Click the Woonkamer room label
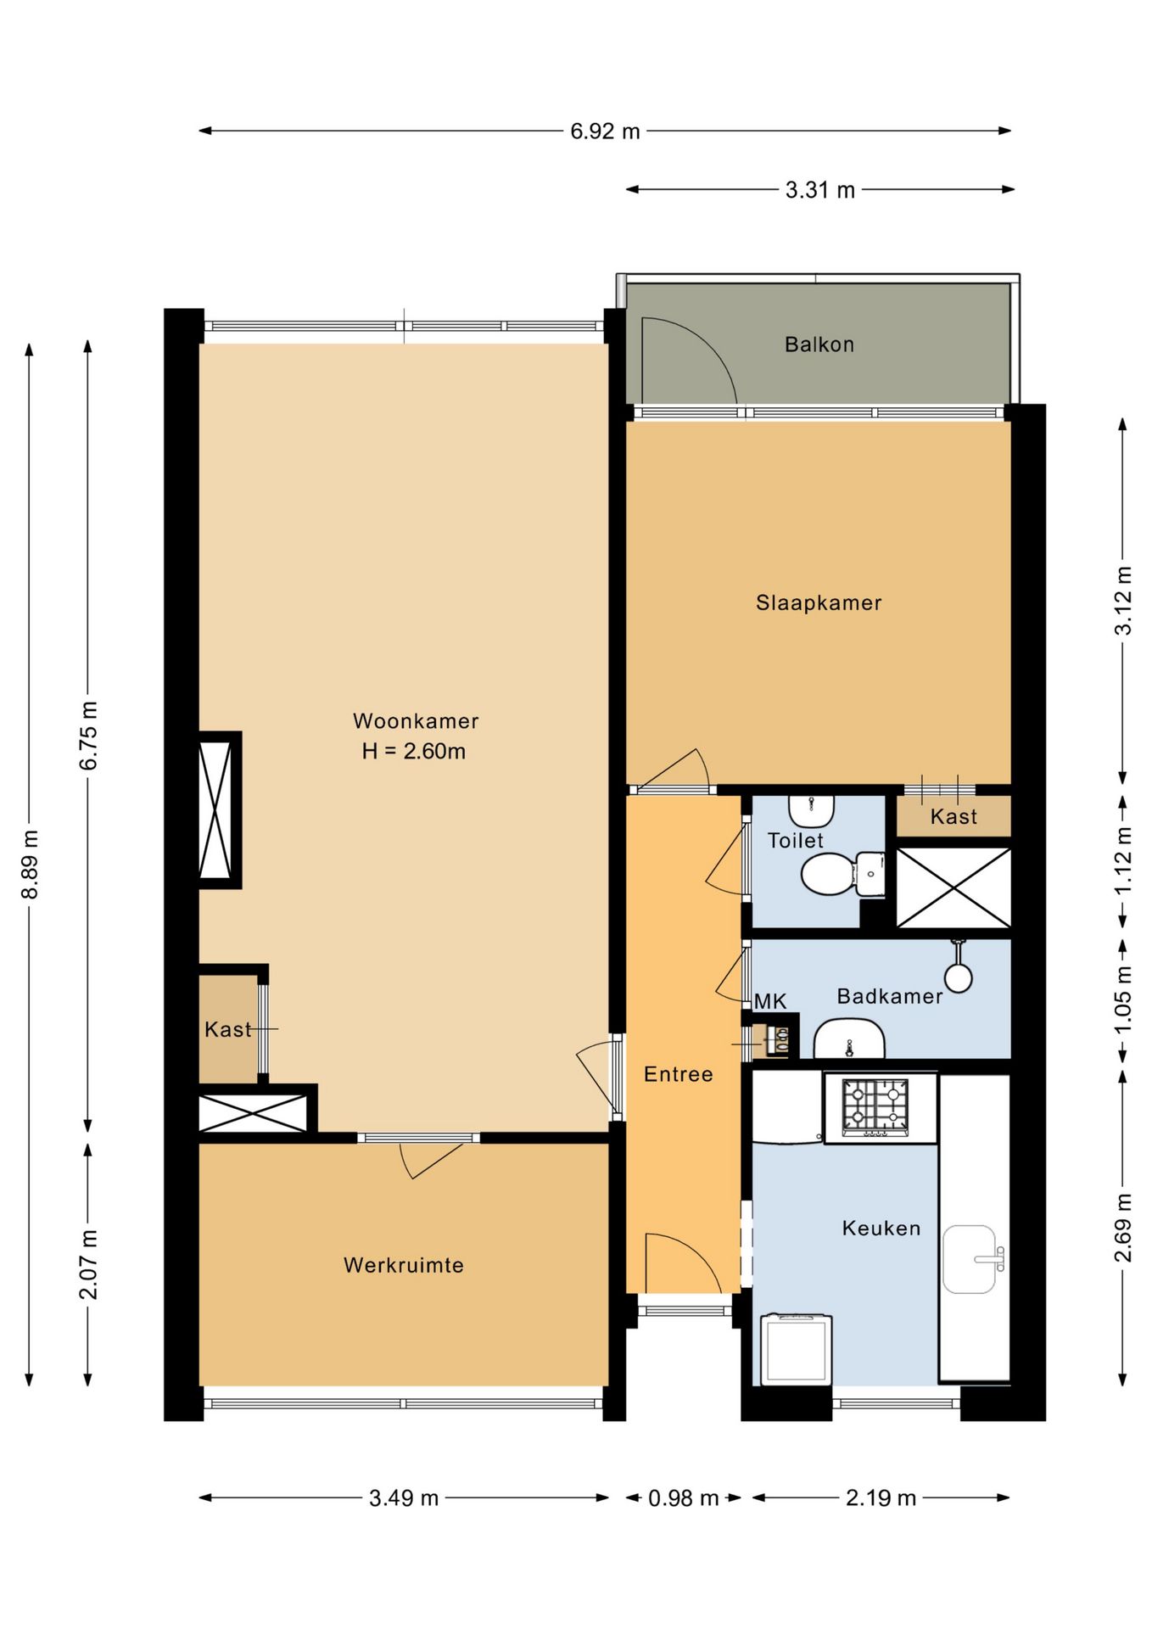(x=416, y=721)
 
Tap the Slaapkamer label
(x=819, y=603)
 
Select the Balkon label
(x=819, y=344)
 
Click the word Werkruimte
(x=404, y=1265)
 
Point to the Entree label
(x=679, y=1074)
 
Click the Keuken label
(x=881, y=1228)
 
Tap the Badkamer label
(x=890, y=996)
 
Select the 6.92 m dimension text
(x=605, y=132)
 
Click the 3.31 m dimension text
(x=820, y=190)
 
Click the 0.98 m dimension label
(x=684, y=1498)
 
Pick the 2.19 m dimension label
(x=881, y=1498)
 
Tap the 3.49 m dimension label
(x=404, y=1498)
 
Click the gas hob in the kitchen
(x=875, y=1106)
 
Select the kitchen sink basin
(x=970, y=1259)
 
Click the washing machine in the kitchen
(x=796, y=1349)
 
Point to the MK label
(x=770, y=1001)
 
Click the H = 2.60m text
(x=414, y=752)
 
